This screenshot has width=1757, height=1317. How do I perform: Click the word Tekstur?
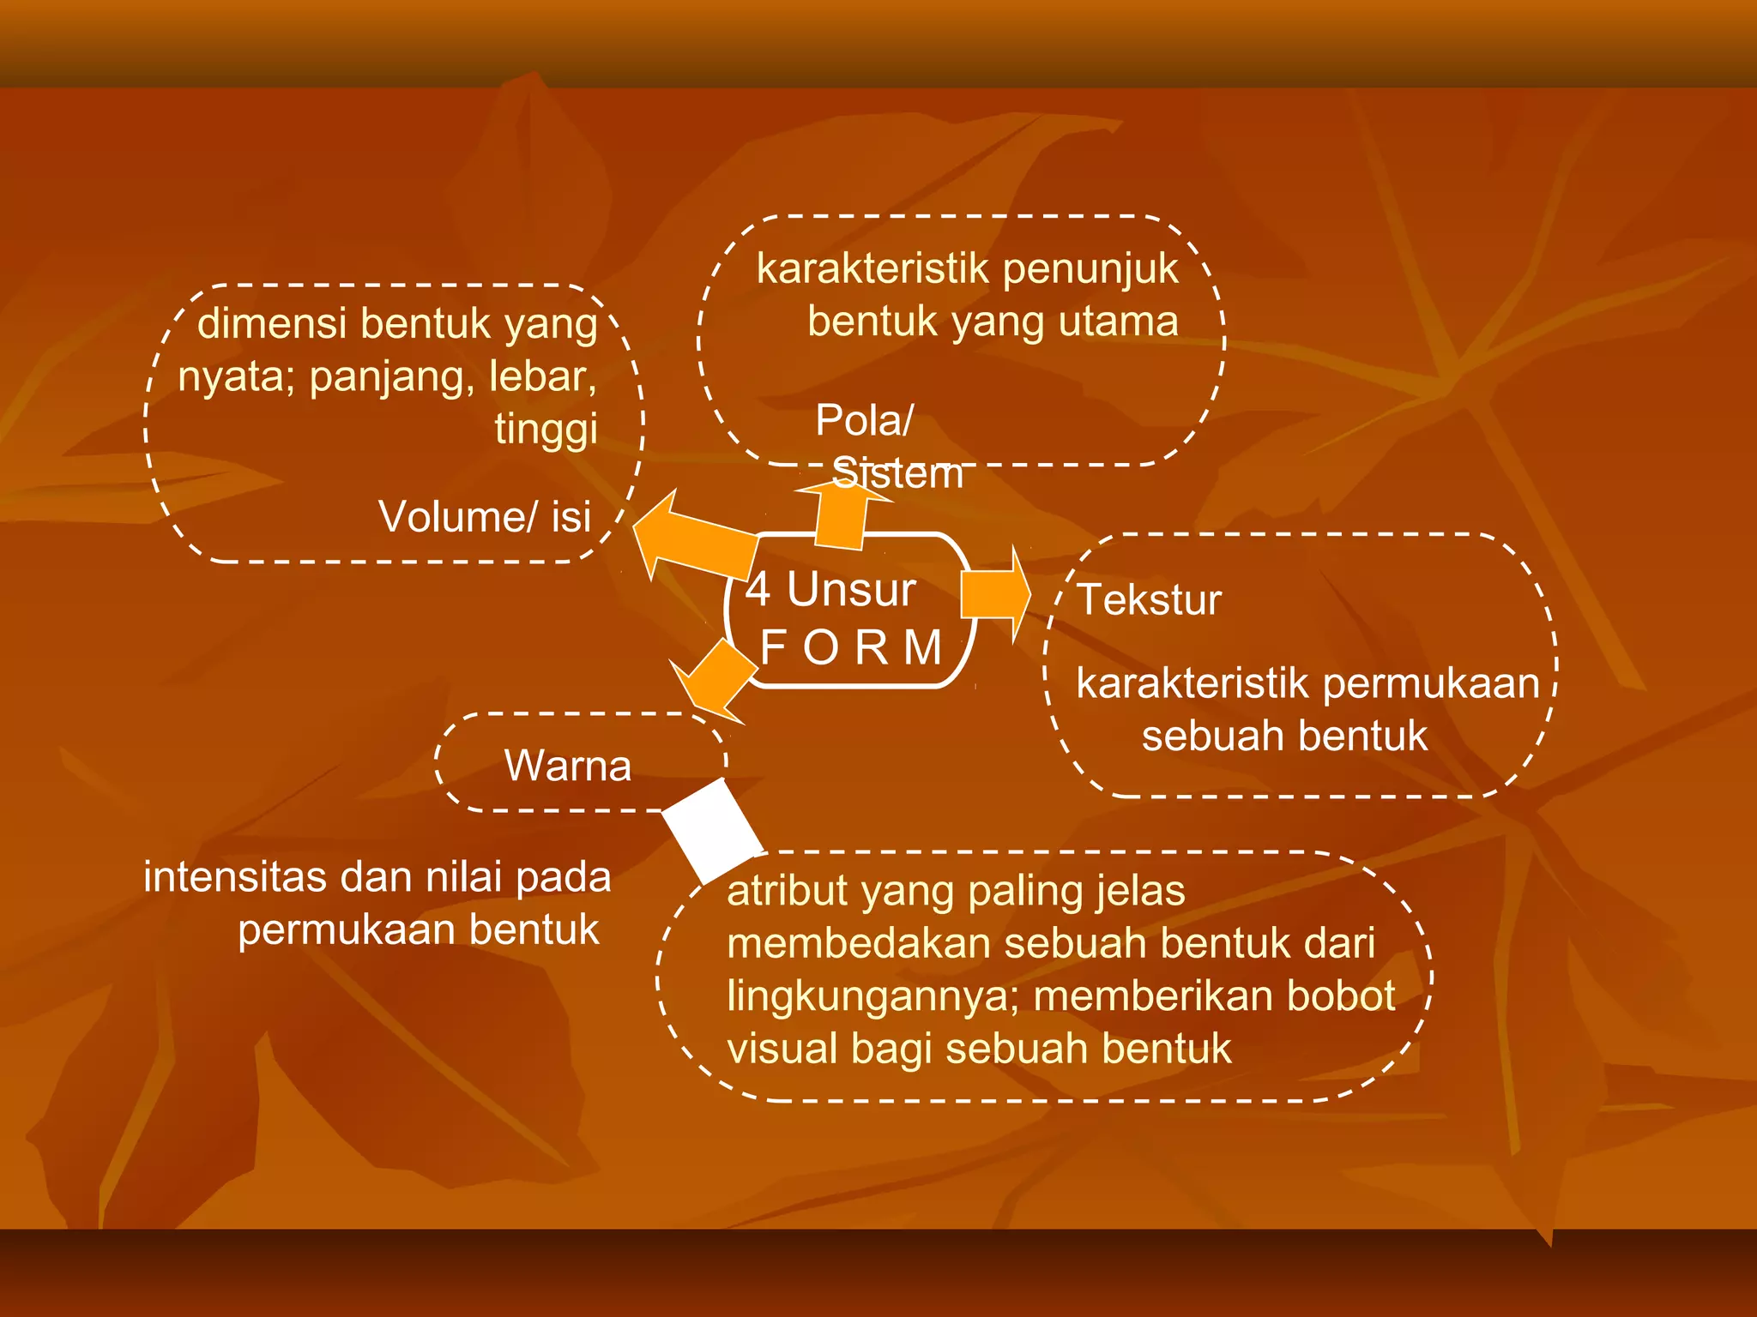tap(1149, 599)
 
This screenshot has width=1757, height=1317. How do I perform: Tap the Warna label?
tap(568, 766)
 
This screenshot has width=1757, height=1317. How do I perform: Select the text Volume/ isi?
tap(485, 517)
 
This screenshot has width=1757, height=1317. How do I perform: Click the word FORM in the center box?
tap(851, 647)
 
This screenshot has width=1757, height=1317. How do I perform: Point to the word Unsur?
tap(851, 590)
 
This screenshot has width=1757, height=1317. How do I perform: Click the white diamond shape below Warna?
tap(712, 830)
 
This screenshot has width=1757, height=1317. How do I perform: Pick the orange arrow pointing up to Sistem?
tap(840, 515)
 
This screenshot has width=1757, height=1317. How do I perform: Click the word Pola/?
tap(864, 420)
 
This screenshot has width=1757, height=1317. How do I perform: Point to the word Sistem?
tap(897, 474)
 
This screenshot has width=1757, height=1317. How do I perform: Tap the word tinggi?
tap(546, 429)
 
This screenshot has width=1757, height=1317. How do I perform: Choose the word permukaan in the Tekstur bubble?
tap(1431, 684)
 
